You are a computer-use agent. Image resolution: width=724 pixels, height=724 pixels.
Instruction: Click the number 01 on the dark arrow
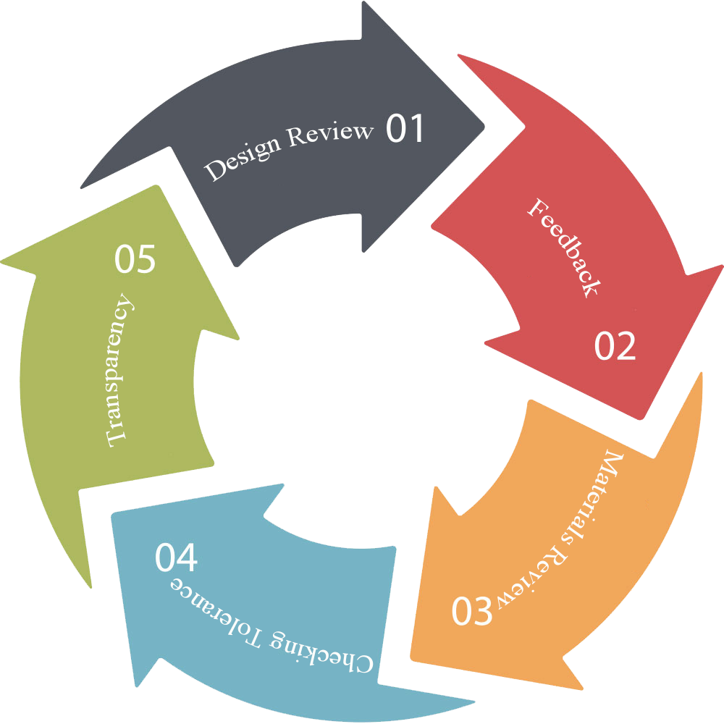point(405,128)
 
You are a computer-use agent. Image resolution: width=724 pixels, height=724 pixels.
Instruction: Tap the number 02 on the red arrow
point(615,345)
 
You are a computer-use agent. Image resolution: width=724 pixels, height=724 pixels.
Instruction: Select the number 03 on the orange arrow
point(472,610)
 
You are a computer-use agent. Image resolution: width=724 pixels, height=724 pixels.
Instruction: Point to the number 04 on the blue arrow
point(176,557)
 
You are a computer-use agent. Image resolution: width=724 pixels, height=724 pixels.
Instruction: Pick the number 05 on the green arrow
point(135,258)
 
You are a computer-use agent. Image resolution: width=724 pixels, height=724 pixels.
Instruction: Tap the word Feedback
point(564,248)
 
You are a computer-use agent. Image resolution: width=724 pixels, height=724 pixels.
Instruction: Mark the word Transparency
point(119,370)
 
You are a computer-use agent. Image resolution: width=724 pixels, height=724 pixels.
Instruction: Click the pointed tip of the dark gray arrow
point(484,126)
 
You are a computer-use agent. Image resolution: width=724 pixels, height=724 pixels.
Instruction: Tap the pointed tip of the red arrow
point(641,418)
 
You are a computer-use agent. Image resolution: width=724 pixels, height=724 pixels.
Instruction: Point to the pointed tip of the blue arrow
point(112,514)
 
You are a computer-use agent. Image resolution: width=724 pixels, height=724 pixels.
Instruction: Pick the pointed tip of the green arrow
point(157,186)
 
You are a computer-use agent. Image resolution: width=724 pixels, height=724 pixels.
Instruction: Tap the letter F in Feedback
point(536,207)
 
